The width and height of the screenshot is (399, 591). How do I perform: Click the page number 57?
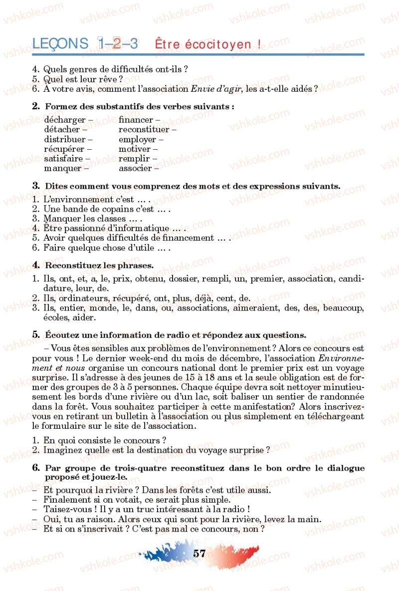pyautogui.click(x=199, y=553)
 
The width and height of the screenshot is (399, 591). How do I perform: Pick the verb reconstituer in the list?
pyautogui.click(x=144, y=130)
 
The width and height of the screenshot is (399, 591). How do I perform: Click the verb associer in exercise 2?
pyautogui.click(x=135, y=168)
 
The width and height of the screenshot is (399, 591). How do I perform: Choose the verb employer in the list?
pyautogui.click(x=137, y=140)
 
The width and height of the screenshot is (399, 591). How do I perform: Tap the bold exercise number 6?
pyautogui.click(x=36, y=468)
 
